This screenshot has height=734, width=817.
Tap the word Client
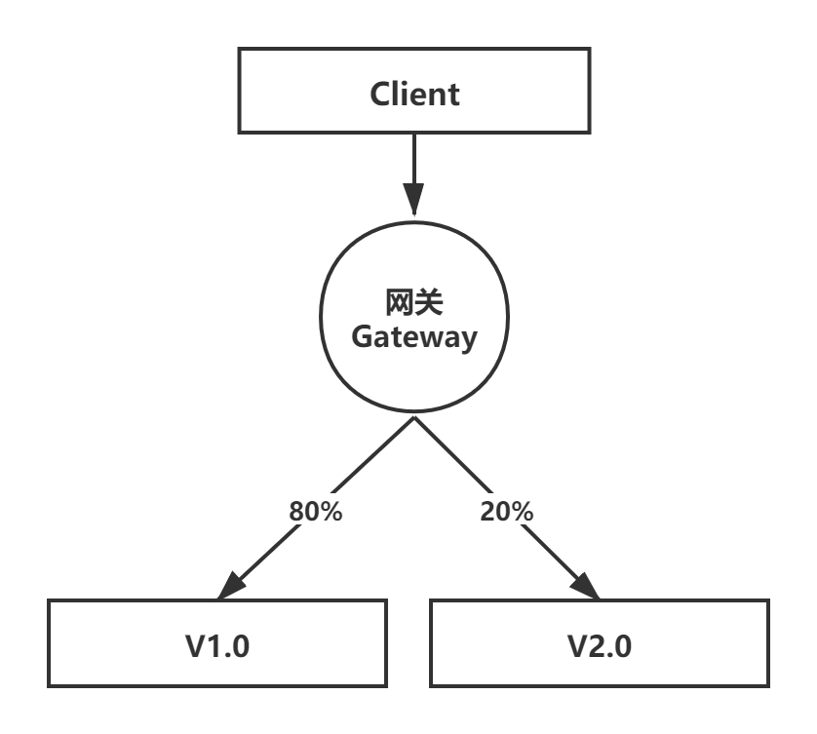[x=414, y=94]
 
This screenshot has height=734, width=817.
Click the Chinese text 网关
[x=414, y=303]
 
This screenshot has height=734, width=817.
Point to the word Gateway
[x=414, y=337]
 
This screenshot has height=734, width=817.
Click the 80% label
[x=315, y=511]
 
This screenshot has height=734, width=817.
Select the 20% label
[x=507, y=511]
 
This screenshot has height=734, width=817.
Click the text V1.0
[x=217, y=645]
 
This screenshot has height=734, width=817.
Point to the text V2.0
[x=600, y=645]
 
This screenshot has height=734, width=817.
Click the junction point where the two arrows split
[x=414, y=417]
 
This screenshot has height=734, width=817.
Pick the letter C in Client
[x=381, y=95]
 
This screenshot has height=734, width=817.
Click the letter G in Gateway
[x=363, y=337]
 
